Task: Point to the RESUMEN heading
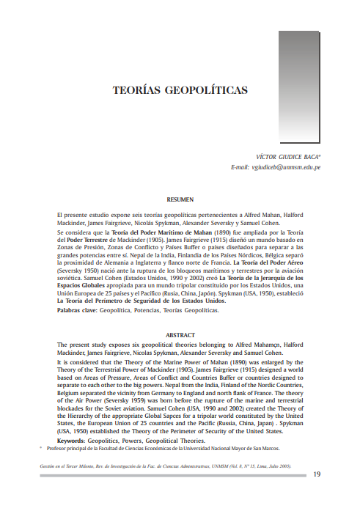[180, 199]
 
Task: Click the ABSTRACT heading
[180, 334]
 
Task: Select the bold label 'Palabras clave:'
[76, 311]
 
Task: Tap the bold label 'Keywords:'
[73, 440]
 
